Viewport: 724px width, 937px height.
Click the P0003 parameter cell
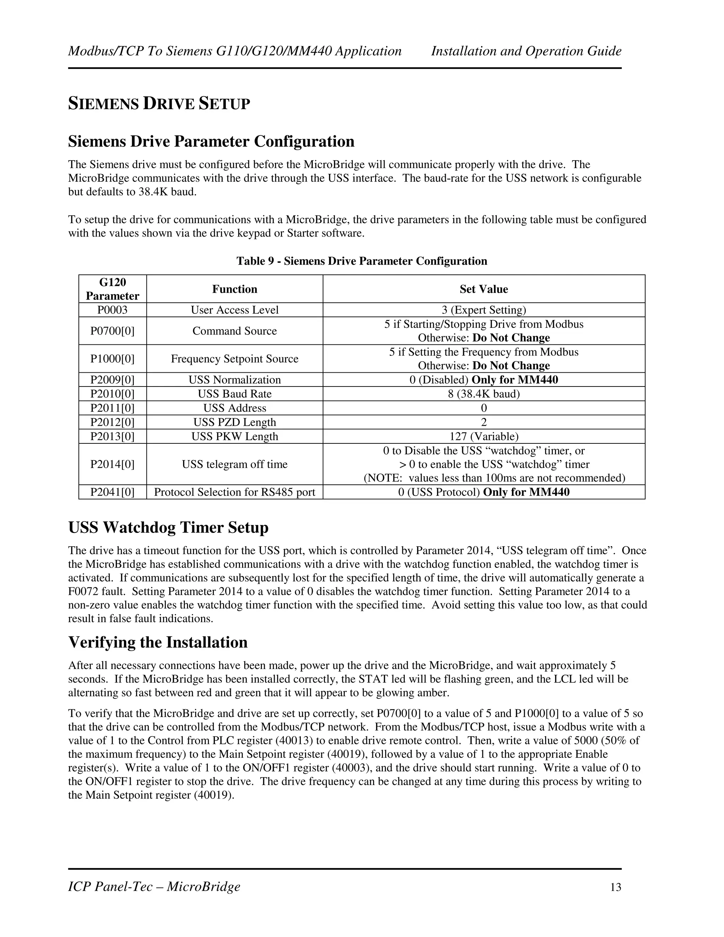click(x=112, y=310)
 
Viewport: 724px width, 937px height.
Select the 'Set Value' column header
click(x=483, y=289)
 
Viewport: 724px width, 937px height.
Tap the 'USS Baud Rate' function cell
click(x=235, y=394)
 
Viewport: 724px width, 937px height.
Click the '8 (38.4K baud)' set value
click(x=483, y=394)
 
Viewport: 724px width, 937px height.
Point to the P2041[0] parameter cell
click(x=112, y=492)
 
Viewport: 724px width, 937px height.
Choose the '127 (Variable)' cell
click(x=483, y=436)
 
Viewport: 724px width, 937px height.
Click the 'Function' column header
click(x=235, y=289)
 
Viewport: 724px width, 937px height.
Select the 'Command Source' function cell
click(x=235, y=331)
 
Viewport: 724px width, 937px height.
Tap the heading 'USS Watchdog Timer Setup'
click(x=168, y=527)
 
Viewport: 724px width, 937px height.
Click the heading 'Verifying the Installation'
click(x=158, y=642)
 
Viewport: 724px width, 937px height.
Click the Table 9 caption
click(x=362, y=261)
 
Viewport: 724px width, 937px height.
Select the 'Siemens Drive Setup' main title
click(x=159, y=104)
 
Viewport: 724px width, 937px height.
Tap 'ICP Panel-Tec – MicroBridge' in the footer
click(x=154, y=886)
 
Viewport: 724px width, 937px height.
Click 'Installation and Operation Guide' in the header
click(x=526, y=51)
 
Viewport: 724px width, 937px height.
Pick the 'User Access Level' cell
click(x=235, y=310)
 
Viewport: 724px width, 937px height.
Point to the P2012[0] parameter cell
click(x=112, y=422)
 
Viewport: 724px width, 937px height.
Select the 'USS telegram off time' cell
click(x=235, y=464)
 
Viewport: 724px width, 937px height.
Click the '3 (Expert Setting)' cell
click(x=483, y=310)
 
